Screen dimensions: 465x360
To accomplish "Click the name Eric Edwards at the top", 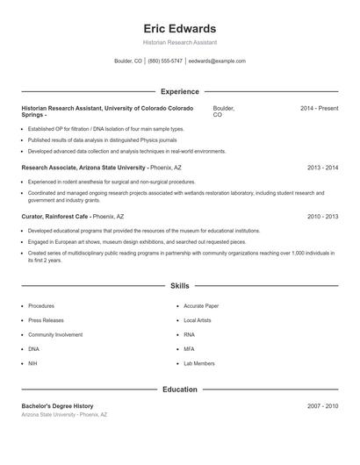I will point(179,29).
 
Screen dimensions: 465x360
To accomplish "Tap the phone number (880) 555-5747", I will point(165,61).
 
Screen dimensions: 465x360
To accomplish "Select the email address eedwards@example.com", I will point(217,61).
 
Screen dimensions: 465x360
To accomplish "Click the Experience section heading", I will point(179,91).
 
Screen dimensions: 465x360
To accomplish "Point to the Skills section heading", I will point(179,286).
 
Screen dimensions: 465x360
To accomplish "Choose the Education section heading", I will point(179,389).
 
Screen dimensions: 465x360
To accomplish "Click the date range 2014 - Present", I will point(319,108).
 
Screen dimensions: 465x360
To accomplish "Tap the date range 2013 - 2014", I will point(322,167).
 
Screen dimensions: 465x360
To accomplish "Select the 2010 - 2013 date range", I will point(322,216).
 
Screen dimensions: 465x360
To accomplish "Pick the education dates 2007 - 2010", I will point(322,406).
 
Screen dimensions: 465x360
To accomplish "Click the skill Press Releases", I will point(46,320).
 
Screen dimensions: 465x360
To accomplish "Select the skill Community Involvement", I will point(55,334).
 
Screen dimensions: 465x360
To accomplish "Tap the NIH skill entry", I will point(32,362).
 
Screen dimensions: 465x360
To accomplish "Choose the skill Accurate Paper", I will point(201,306).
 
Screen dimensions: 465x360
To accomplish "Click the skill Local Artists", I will point(198,320).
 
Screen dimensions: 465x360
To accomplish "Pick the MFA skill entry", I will point(190,348).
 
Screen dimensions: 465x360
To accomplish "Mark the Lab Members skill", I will point(199,362).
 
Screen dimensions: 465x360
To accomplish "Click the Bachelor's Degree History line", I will point(57,406).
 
